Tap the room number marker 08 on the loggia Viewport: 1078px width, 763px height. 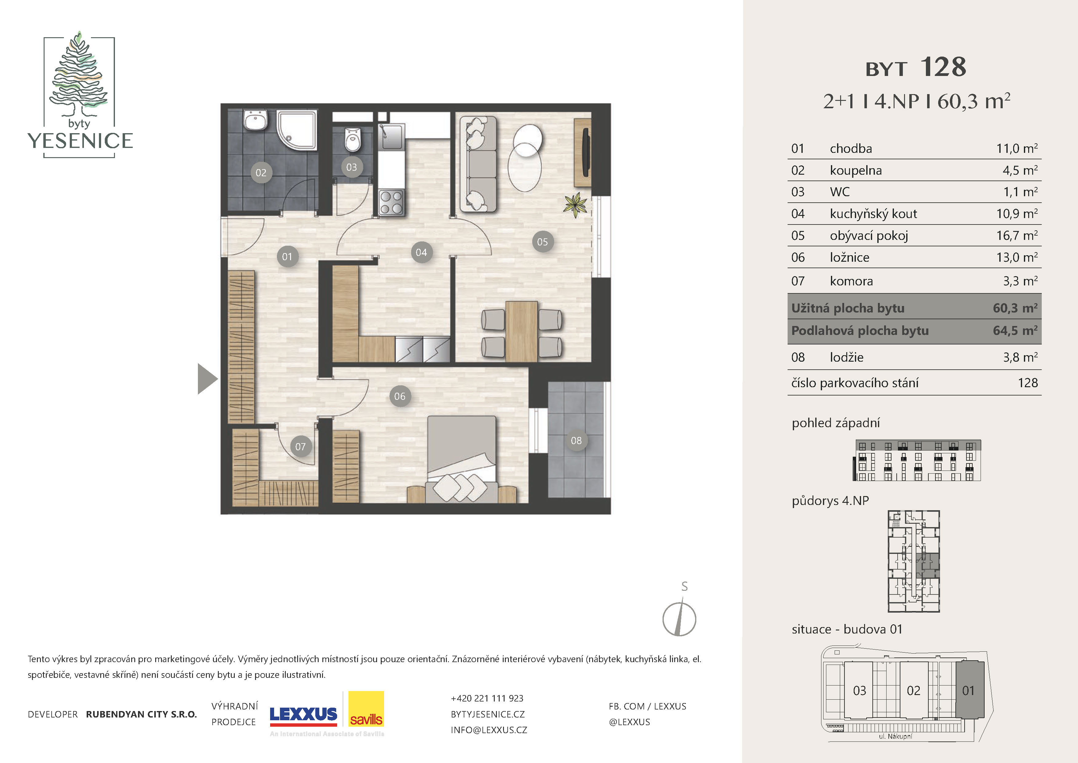click(x=576, y=440)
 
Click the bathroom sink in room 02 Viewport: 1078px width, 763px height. click(x=255, y=120)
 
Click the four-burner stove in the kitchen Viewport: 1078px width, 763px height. click(x=391, y=202)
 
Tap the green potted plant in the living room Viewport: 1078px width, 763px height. click(x=576, y=205)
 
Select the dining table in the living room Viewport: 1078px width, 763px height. click(x=521, y=331)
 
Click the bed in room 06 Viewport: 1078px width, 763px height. click(x=462, y=459)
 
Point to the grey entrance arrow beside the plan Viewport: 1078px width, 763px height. click(x=207, y=379)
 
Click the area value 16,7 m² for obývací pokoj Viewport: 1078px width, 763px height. click(x=1017, y=235)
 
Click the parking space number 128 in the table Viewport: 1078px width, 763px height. click(x=1028, y=383)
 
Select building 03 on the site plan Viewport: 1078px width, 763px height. click(x=859, y=690)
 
